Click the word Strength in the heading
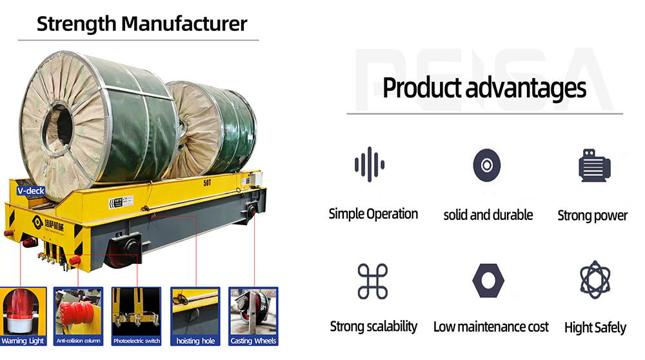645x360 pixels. click(x=77, y=24)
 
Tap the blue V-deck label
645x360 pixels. click(x=31, y=191)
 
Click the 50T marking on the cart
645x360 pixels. click(x=207, y=183)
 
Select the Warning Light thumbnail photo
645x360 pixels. click(x=23, y=316)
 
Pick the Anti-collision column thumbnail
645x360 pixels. click(x=78, y=316)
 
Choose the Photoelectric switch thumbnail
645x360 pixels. click(x=137, y=316)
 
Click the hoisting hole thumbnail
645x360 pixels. click(x=195, y=316)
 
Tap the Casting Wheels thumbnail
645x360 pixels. click(x=253, y=316)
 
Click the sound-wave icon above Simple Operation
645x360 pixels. click(x=370, y=165)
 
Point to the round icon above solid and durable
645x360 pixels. click(x=486, y=165)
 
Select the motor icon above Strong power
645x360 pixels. click(x=594, y=165)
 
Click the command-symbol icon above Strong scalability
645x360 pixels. click(x=373, y=281)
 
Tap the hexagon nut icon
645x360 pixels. click(x=488, y=281)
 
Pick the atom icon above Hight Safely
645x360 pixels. click(x=595, y=280)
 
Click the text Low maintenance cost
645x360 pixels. click(x=491, y=327)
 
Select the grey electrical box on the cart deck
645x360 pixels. click(x=256, y=179)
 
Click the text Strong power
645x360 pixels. click(x=592, y=215)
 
